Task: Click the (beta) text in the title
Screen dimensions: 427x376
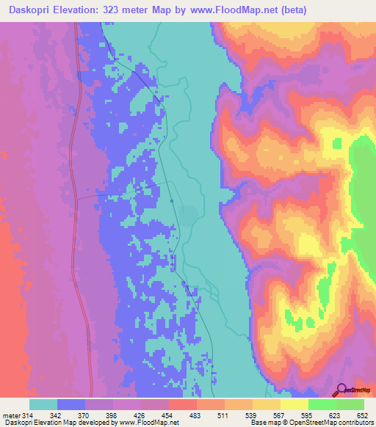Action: [292, 10]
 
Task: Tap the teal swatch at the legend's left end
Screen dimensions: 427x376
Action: [43, 405]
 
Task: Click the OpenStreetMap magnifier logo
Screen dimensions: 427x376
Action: [341, 390]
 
